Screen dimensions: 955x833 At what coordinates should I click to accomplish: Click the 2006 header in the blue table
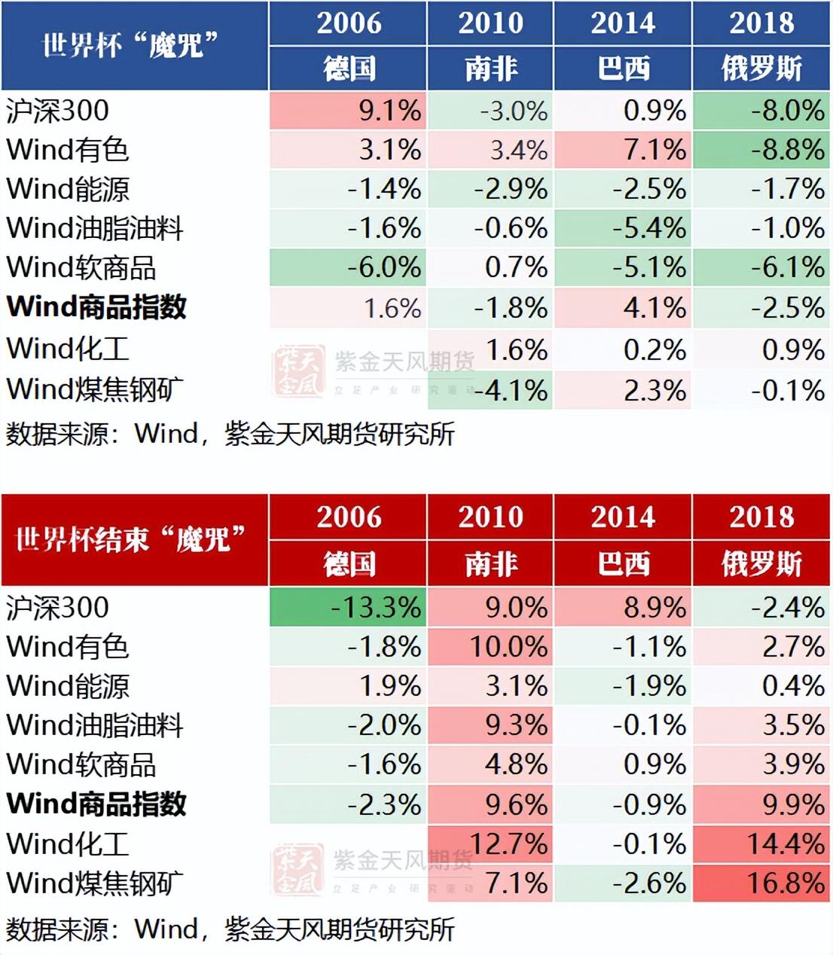(349, 23)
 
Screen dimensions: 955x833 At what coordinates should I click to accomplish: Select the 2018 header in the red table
(761, 517)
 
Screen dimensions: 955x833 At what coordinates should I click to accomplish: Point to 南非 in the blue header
(491, 69)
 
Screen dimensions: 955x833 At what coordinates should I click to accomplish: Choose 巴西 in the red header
(624, 563)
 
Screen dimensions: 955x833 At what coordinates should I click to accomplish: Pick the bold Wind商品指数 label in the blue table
(96, 307)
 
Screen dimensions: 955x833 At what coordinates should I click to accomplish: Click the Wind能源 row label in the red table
(68, 685)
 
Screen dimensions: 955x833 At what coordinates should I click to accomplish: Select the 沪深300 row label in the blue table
(57, 111)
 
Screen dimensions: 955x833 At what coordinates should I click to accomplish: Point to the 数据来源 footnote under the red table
(230, 929)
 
